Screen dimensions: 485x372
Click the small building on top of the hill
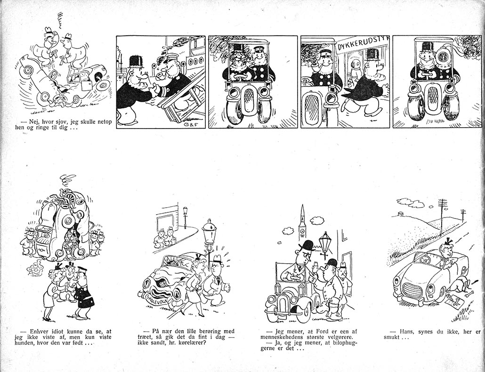point(400,214)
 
